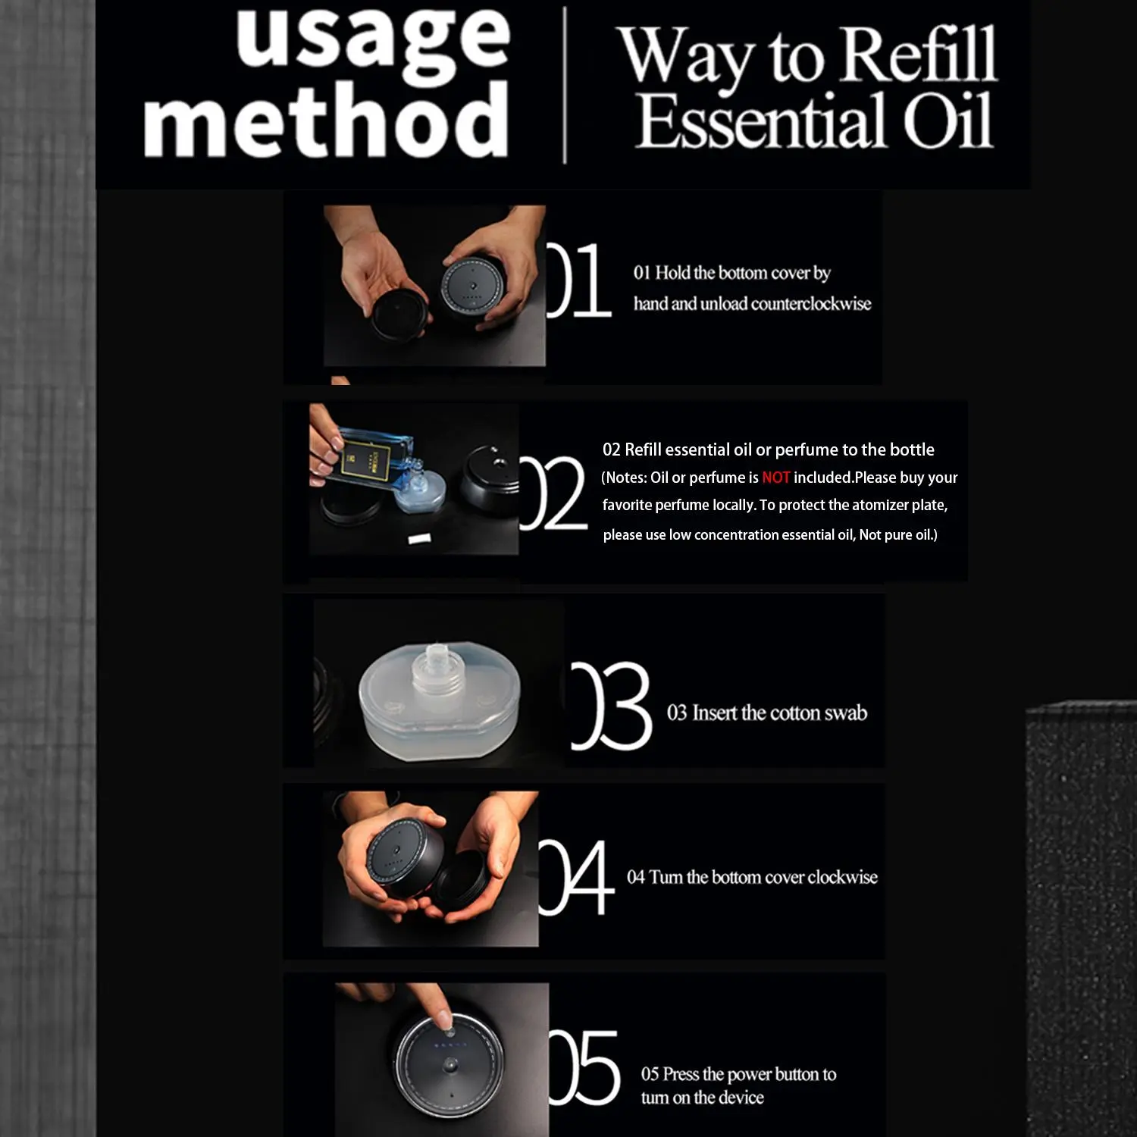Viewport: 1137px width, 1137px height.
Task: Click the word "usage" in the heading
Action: tap(373, 40)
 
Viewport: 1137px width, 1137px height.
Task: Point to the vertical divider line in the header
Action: tap(565, 85)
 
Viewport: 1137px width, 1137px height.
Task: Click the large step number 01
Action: tap(578, 280)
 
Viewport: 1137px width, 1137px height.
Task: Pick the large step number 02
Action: tap(553, 493)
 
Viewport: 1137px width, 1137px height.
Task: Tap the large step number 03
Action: tap(610, 706)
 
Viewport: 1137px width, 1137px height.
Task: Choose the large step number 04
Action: tap(576, 877)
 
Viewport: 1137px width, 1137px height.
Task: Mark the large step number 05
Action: tap(584, 1067)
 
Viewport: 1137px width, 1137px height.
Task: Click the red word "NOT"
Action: tap(776, 478)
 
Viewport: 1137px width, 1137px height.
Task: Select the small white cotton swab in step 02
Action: tap(419, 538)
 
